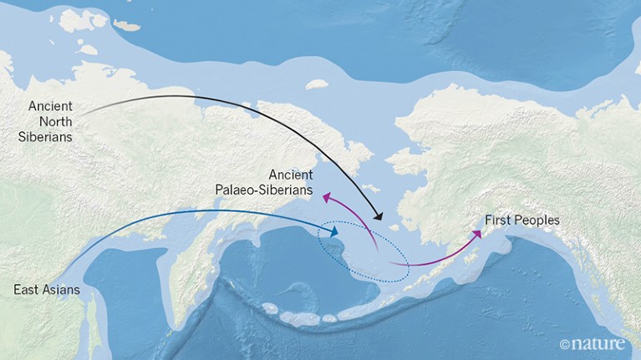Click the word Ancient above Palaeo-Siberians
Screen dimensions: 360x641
291,175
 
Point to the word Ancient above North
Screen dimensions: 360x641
50,107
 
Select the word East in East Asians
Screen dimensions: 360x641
27,290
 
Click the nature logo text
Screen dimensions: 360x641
604,342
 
